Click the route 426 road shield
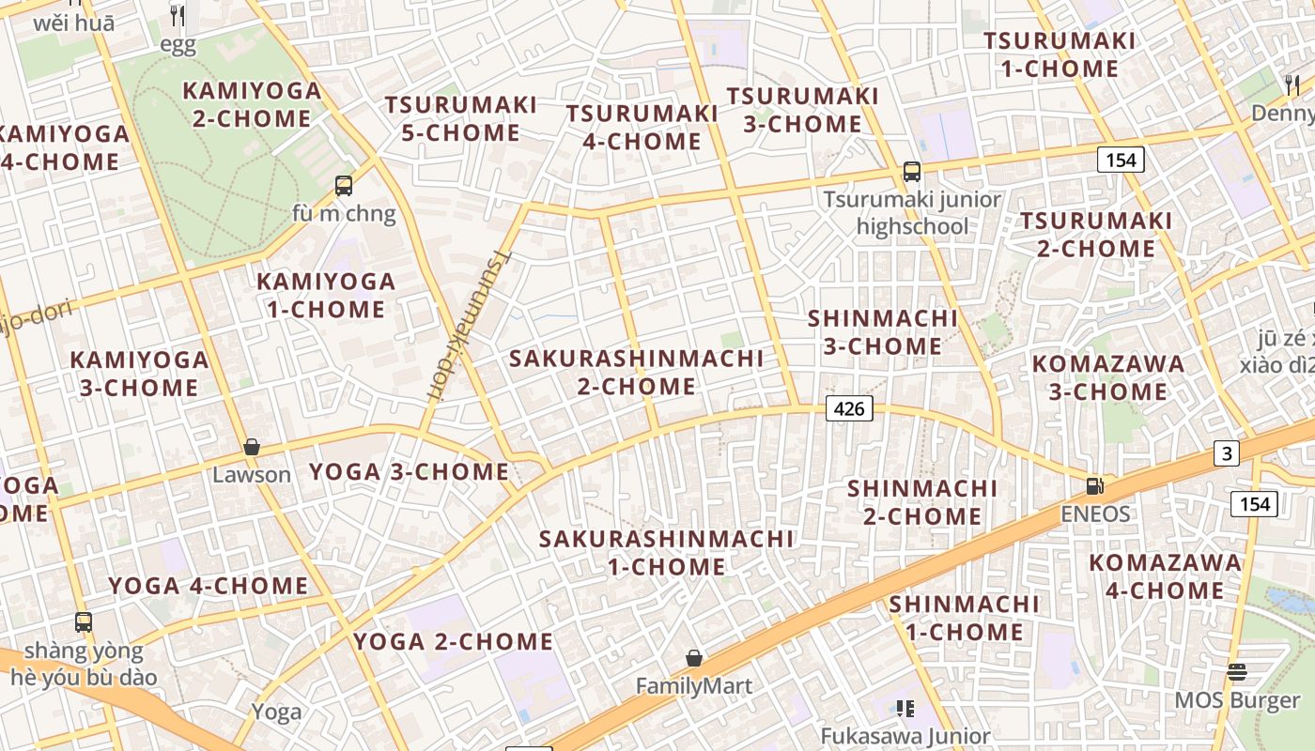(x=850, y=408)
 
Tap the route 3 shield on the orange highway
(x=1226, y=453)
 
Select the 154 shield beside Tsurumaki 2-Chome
(x=1121, y=160)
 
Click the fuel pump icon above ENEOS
(x=1094, y=486)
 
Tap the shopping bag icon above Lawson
(x=251, y=447)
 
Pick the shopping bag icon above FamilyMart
(x=694, y=658)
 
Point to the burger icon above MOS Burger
(x=1237, y=672)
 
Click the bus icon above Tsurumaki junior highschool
(x=911, y=172)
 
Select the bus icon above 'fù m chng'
(x=344, y=186)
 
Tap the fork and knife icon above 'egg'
(x=177, y=15)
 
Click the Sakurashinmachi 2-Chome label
(x=636, y=372)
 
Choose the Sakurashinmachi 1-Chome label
(x=666, y=552)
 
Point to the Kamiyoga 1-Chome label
(x=326, y=295)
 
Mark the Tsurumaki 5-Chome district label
(x=460, y=118)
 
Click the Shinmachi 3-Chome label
(x=882, y=332)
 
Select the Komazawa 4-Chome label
(x=1165, y=576)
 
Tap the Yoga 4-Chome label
(x=208, y=586)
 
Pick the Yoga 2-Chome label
(x=453, y=641)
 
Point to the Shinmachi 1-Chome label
(x=964, y=618)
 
